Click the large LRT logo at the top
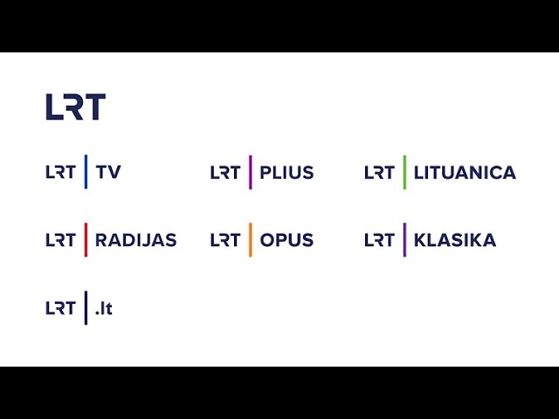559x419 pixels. point(75,106)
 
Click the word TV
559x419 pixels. point(108,172)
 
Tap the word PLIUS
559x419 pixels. point(286,172)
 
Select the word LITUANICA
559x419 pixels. point(465,172)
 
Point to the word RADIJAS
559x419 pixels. point(135,240)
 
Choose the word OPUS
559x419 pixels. point(286,240)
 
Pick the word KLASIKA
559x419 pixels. point(455,240)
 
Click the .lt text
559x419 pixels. point(104,308)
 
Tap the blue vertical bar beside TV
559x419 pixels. point(86,172)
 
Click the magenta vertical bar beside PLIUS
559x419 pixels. point(251,172)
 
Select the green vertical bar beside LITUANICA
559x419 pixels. point(404,172)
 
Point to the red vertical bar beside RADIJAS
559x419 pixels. point(86,240)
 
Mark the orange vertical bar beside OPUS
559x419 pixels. point(251,240)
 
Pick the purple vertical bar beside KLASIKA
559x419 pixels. point(404,240)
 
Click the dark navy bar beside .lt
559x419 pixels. point(86,308)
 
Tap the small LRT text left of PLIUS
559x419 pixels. point(225,172)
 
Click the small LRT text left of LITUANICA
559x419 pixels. point(379,172)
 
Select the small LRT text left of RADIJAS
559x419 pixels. point(60,240)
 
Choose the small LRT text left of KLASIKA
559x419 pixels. point(379,240)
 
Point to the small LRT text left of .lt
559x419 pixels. point(60,308)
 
